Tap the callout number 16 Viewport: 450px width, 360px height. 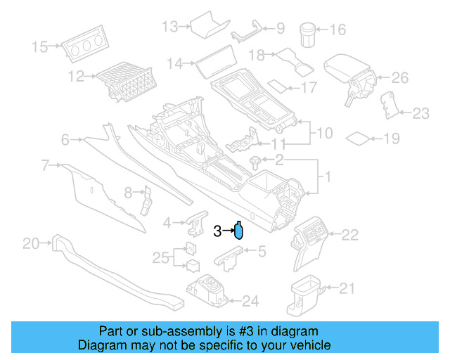tap(338, 30)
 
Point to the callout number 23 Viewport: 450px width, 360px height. tap(420, 113)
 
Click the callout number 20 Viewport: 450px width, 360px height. tap(32, 244)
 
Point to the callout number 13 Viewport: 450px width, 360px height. tap(170, 27)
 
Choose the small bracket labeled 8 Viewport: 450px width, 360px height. tap(146, 200)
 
